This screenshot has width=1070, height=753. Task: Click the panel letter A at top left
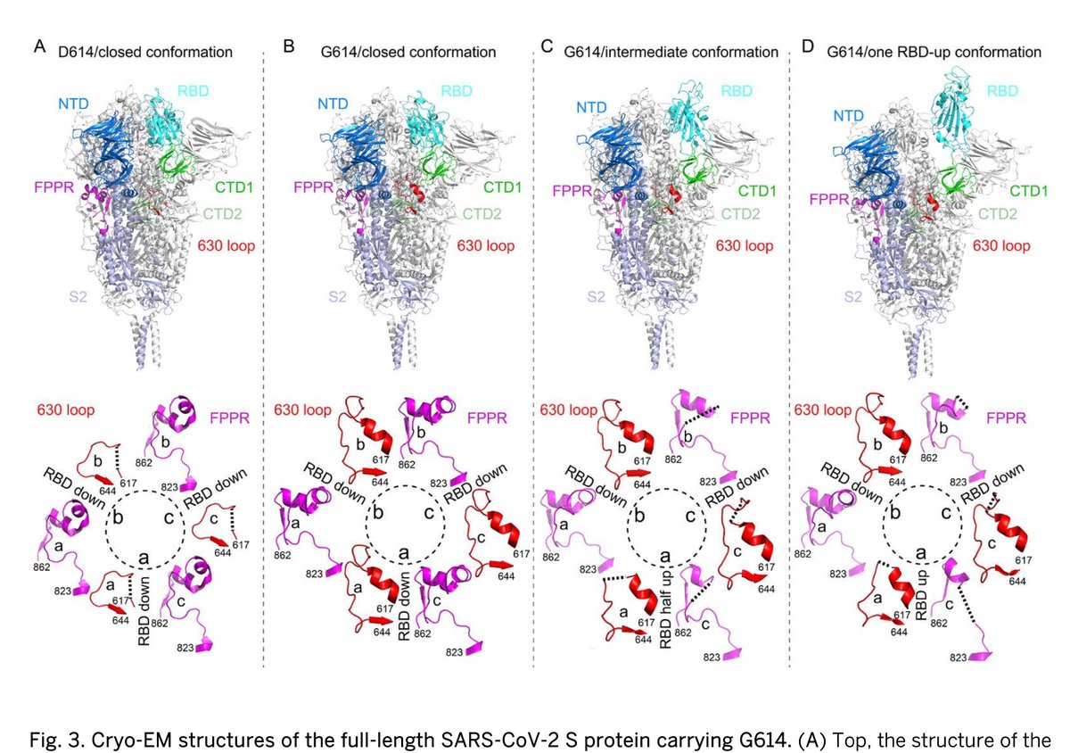39,46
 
